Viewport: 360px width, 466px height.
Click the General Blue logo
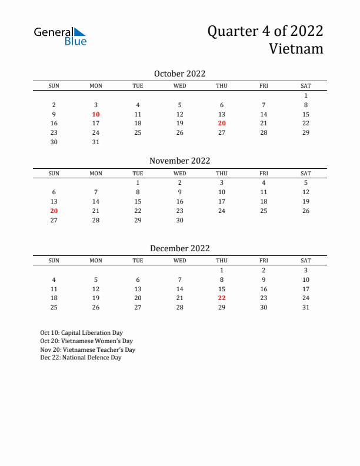coord(60,36)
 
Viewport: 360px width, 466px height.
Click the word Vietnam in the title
coord(296,49)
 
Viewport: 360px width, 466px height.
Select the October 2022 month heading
coord(179,74)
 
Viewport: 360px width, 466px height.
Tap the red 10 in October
coord(96,114)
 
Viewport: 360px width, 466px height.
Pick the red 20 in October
coord(222,124)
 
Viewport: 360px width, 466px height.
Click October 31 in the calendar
coord(96,142)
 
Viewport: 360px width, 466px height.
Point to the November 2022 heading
coord(179,161)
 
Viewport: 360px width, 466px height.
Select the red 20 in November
coord(54,211)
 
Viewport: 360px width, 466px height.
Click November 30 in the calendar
coord(180,220)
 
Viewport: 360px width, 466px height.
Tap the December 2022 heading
coord(179,248)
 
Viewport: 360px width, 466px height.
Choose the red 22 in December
coord(222,298)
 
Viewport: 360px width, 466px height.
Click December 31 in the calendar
coord(306,307)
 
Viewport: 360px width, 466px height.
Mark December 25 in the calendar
coord(54,307)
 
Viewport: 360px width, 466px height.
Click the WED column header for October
coord(180,86)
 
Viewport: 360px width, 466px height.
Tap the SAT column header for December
coord(306,261)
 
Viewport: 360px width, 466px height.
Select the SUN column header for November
coord(54,174)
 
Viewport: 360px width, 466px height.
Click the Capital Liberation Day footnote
coord(81,333)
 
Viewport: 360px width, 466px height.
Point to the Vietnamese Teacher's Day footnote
coord(88,349)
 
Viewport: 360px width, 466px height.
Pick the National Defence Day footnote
coord(81,358)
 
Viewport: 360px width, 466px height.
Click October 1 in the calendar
coord(306,95)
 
